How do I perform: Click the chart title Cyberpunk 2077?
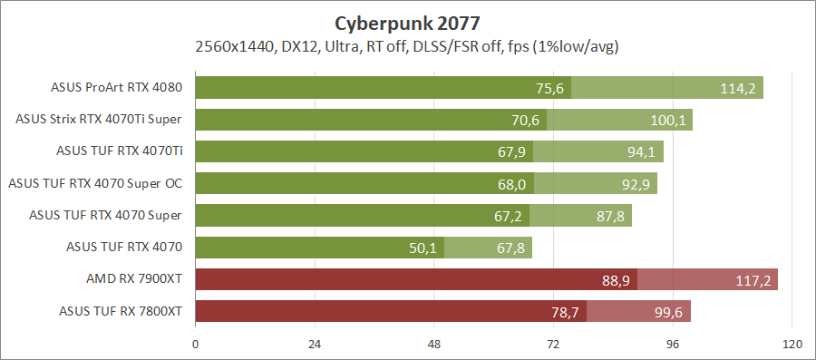[x=407, y=21]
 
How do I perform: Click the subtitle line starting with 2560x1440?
[x=407, y=45]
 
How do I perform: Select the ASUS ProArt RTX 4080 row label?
[x=118, y=88]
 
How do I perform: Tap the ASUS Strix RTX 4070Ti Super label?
[x=99, y=120]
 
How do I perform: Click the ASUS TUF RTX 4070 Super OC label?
[x=95, y=184]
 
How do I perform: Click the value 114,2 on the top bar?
[x=737, y=88]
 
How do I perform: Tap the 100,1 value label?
[x=667, y=120]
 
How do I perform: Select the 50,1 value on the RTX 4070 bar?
[x=423, y=248]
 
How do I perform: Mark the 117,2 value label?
[x=753, y=280]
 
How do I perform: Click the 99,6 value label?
[x=666, y=312]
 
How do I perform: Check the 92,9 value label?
[x=632, y=184]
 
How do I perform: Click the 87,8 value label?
[x=607, y=216]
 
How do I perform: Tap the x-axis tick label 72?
[x=553, y=345]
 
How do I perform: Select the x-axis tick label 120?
[x=792, y=345]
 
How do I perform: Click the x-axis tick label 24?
[x=315, y=345]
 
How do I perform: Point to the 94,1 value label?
[x=638, y=152]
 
